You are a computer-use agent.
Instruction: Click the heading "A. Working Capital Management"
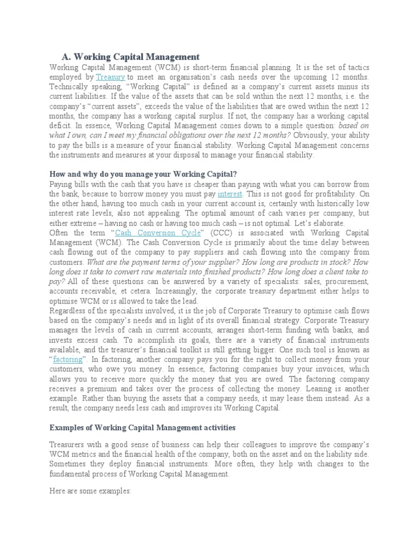[x=130, y=57]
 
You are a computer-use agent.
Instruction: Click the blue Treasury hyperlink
[x=110, y=77]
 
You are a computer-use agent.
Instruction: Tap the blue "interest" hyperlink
[x=229, y=193]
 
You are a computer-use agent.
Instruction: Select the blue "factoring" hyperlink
[x=69, y=359]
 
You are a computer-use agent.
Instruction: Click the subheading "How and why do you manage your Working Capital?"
[x=142, y=174]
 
